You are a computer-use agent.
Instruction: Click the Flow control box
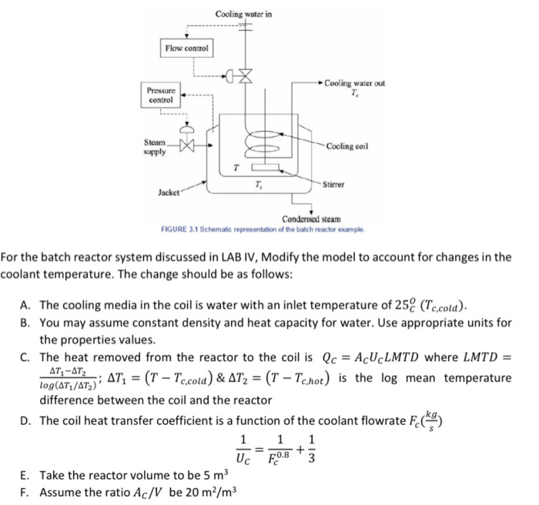(x=187, y=49)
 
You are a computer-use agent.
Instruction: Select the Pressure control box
(x=161, y=95)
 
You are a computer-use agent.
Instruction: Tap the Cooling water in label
(x=243, y=14)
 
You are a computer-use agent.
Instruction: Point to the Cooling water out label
(x=355, y=84)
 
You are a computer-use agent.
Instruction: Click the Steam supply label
(x=154, y=146)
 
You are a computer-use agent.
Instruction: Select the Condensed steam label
(x=310, y=219)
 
